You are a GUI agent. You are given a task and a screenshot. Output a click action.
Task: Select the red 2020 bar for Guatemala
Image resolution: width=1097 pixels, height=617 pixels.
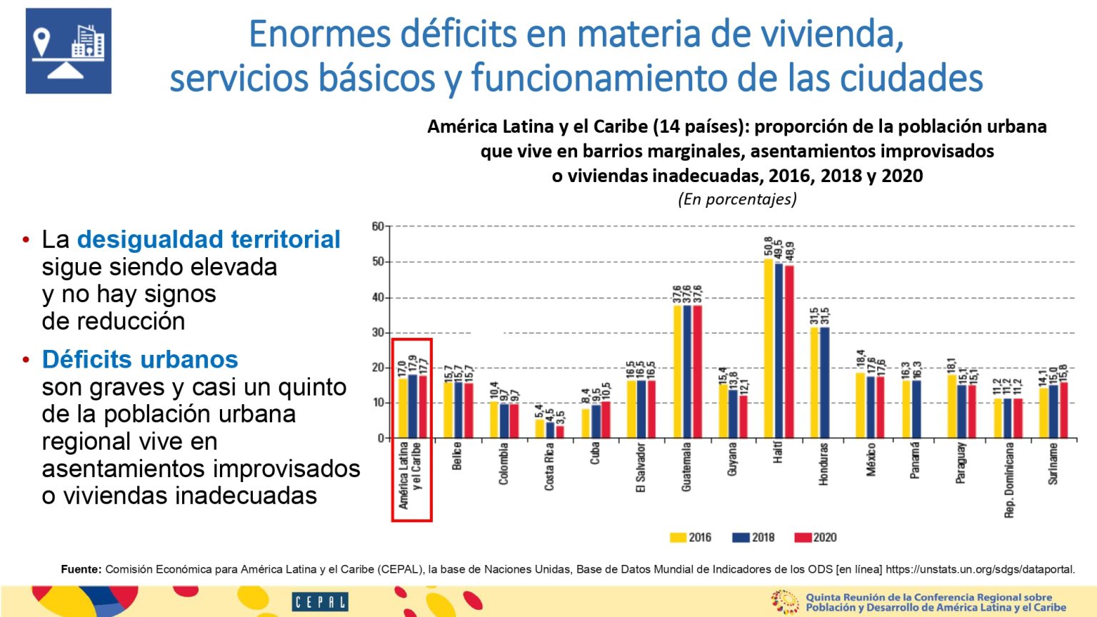point(698,371)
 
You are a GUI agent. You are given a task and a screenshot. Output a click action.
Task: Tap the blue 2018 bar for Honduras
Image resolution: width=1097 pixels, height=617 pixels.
point(825,382)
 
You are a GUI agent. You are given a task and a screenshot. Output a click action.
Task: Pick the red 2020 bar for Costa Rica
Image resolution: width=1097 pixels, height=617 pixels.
point(560,431)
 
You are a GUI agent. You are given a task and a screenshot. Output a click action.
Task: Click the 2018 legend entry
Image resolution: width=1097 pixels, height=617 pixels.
point(753,537)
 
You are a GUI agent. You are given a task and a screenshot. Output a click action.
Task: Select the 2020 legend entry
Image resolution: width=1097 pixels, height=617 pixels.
point(815,537)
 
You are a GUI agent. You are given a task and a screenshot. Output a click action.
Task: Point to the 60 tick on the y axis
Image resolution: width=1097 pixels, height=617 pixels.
point(378,226)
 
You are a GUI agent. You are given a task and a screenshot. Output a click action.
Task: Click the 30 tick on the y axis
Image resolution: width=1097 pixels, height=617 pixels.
point(378,333)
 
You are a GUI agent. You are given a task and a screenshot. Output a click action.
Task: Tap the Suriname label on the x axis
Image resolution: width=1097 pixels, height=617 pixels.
point(1053,464)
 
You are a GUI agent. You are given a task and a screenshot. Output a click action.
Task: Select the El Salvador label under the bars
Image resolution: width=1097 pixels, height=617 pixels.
point(641,468)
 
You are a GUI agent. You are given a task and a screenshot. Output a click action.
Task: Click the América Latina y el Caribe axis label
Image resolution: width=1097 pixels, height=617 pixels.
point(410,475)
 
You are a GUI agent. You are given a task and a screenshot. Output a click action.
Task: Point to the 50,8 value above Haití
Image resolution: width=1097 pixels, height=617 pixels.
point(768,246)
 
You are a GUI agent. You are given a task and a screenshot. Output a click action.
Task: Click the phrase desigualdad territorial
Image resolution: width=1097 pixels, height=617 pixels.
point(209,239)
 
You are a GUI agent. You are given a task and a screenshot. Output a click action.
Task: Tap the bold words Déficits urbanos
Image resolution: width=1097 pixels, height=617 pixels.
point(140,359)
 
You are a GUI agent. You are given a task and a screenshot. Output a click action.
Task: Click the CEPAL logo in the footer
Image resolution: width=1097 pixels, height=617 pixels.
point(319,602)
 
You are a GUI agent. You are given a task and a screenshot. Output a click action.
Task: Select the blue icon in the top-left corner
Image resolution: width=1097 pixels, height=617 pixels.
point(69,51)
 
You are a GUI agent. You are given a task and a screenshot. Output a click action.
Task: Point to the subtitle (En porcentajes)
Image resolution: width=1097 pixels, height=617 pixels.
point(737,199)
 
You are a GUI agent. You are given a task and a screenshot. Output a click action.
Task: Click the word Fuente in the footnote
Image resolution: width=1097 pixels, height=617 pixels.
point(81,569)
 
